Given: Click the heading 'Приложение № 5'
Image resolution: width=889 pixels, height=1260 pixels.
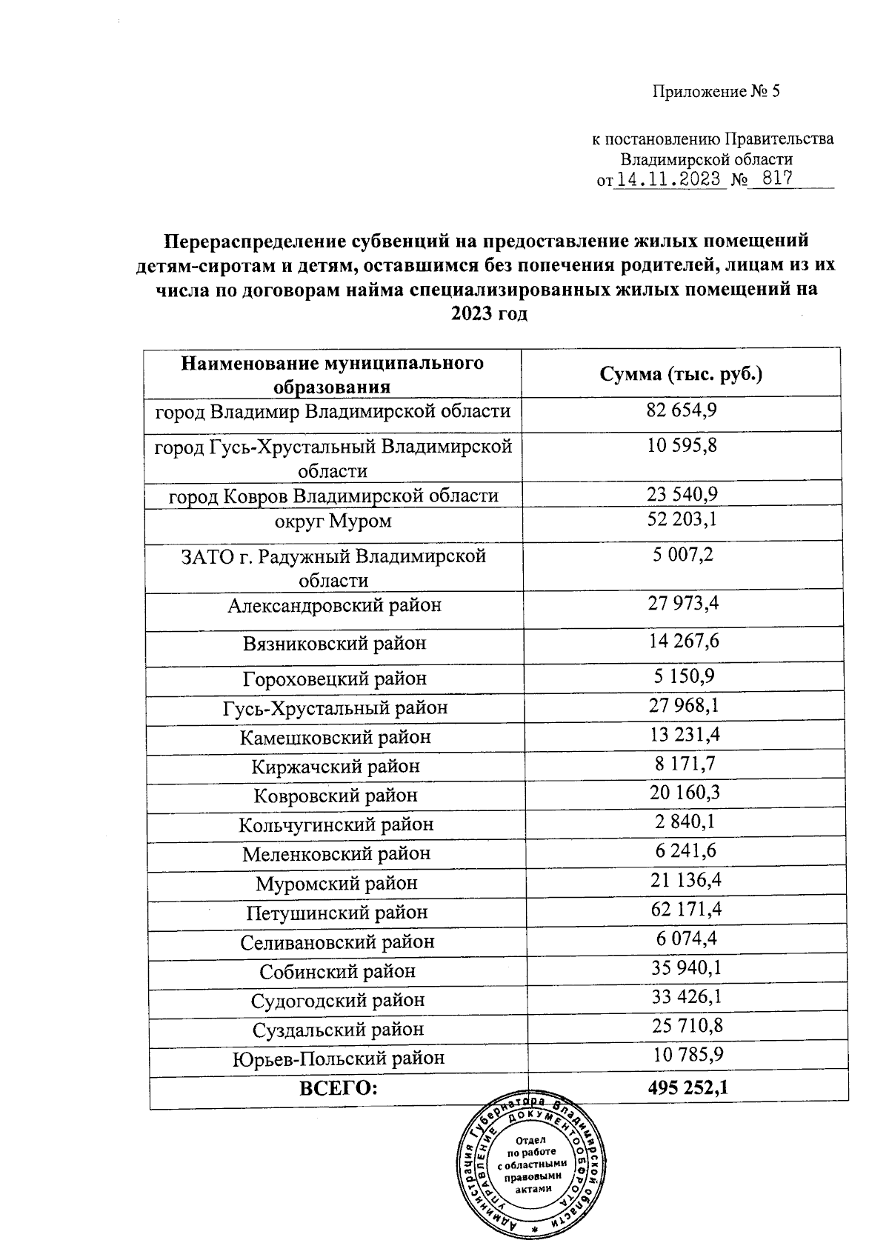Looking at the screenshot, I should click(716, 92).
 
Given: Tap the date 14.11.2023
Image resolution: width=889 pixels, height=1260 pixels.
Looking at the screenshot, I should click(669, 179).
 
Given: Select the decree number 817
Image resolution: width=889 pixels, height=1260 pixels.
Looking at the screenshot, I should click(773, 179).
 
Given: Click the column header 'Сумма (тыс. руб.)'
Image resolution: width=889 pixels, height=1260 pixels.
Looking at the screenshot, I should click(681, 373).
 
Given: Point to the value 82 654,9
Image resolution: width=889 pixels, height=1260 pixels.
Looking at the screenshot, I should click(682, 410).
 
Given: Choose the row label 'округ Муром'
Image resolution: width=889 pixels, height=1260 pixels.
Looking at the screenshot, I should click(333, 521).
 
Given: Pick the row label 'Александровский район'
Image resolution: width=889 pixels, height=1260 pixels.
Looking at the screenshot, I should click(334, 605).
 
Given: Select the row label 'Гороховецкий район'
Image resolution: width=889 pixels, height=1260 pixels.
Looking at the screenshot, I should click(335, 678).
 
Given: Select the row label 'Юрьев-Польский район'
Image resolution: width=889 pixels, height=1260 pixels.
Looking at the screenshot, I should click(339, 1059).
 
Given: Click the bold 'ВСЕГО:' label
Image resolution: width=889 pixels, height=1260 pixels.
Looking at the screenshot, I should click(338, 1088).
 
